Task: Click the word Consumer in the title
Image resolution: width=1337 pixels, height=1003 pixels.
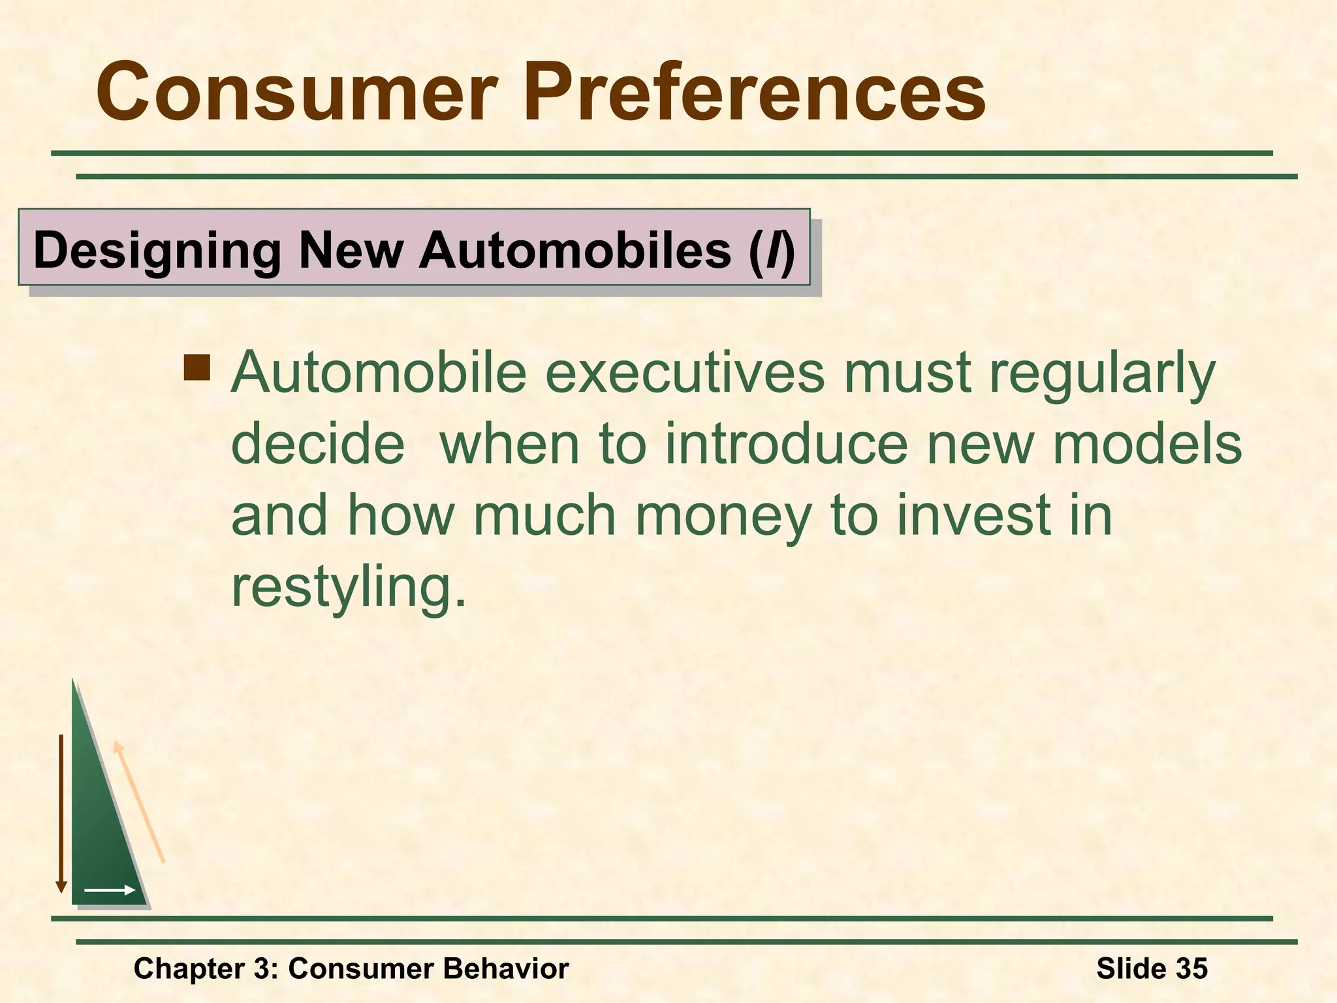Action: [x=297, y=93]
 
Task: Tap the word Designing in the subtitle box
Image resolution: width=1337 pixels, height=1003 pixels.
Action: [x=157, y=250]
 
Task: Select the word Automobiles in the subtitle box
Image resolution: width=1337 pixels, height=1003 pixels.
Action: [x=575, y=250]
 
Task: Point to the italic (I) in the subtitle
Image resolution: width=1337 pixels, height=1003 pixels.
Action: [x=772, y=250]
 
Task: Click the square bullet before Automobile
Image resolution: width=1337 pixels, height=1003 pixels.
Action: [x=197, y=367]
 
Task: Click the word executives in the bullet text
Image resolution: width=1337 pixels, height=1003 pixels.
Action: [x=685, y=374]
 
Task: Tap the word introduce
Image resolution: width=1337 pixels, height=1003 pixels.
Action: [x=786, y=444]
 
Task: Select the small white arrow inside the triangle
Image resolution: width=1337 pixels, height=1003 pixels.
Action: [x=110, y=890]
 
